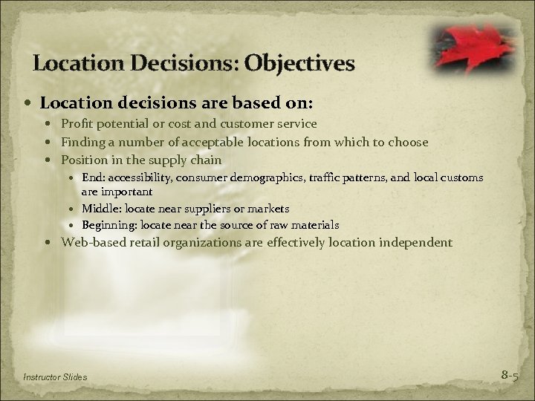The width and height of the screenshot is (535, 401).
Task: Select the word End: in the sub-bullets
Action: (x=94, y=177)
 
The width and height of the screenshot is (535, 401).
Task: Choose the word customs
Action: (x=461, y=177)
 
